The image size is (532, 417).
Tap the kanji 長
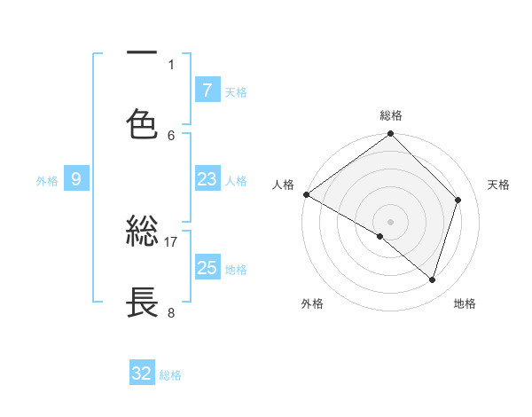pyautogui.click(x=142, y=303)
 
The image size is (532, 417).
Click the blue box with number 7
pyautogui.click(x=207, y=90)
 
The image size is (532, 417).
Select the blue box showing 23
pyautogui.click(x=207, y=179)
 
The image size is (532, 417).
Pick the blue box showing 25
pyautogui.click(x=207, y=268)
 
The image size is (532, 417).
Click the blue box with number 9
pyautogui.click(x=76, y=179)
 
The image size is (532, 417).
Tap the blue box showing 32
pyautogui.click(x=142, y=374)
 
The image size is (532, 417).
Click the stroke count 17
pyautogui.click(x=171, y=241)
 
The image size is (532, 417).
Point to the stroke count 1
pyautogui.click(x=171, y=64)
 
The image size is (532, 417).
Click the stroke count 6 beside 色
pyautogui.click(x=171, y=135)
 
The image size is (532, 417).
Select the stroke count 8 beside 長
pyautogui.click(x=171, y=312)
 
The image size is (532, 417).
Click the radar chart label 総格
pyautogui.click(x=391, y=115)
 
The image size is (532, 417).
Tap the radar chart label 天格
pyautogui.click(x=499, y=185)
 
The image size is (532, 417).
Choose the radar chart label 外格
pyautogui.click(x=312, y=303)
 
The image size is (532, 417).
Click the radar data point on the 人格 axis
pyautogui.click(x=306, y=194)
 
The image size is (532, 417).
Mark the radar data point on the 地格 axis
pyautogui.click(x=433, y=280)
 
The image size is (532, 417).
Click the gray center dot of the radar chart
pyautogui.click(x=391, y=221)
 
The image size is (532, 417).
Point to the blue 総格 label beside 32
pyautogui.click(x=170, y=375)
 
